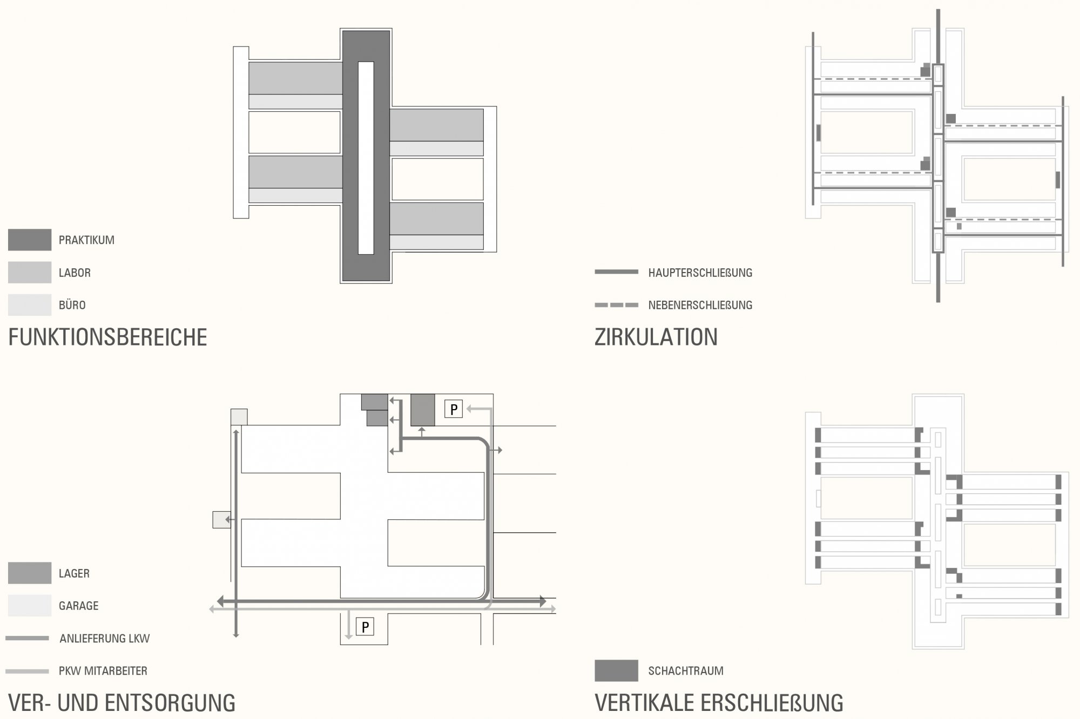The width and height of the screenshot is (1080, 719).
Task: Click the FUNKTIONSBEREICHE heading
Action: [107, 337]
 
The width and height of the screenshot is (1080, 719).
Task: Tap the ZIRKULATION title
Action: [656, 337]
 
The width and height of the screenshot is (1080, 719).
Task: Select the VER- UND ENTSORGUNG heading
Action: [122, 703]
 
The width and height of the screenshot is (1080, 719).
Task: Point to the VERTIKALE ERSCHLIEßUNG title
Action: [718, 703]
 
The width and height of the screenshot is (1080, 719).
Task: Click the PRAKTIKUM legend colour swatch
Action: [30, 240]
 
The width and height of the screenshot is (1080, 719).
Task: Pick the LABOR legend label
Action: [75, 273]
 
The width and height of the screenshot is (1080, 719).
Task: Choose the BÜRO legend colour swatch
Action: [30, 305]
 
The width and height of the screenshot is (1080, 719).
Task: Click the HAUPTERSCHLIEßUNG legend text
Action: [700, 273]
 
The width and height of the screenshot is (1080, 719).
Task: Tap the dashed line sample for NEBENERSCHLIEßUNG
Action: [616, 305]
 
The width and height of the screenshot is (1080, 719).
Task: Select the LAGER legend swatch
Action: [30, 573]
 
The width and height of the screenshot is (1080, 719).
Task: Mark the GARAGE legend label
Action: [78, 606]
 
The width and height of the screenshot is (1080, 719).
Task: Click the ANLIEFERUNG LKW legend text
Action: [104, 639]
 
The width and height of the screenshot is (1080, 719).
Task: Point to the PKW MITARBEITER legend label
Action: [103, 671]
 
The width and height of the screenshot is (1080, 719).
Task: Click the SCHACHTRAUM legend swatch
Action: [616, 671]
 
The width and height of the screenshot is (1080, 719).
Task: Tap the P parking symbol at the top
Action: [454, 410]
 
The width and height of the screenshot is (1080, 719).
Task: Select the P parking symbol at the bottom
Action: [365, 627]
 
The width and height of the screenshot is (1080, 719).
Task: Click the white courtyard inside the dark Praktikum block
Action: [366, 158]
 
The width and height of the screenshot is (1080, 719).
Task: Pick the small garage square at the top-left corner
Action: [239, 417]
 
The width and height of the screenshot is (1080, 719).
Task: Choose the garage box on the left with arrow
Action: [221, 519]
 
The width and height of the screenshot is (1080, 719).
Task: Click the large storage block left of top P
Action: [423, 410]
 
